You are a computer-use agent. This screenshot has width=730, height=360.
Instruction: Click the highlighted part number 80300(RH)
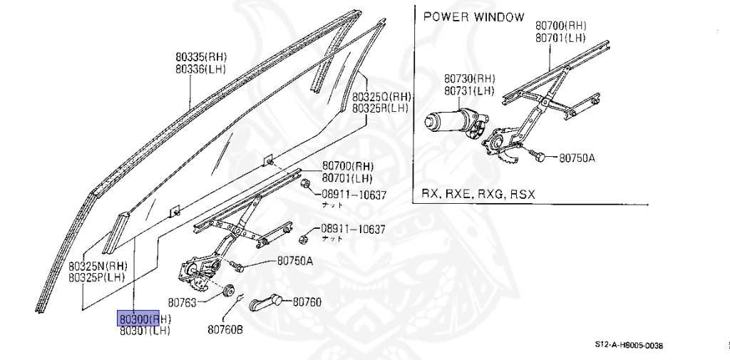[x=145, y=318]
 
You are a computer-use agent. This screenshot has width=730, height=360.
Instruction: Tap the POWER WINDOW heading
[x=473, y=17]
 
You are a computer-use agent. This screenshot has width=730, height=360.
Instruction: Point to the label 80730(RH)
[x=469, y=78]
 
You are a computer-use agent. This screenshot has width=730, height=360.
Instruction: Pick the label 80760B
[x=225, y=329]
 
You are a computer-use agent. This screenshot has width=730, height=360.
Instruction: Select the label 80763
[x=183, y=302]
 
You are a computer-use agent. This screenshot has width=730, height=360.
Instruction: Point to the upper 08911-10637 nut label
[x=352, y=194]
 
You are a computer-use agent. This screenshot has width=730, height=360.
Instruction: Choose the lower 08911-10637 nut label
[x=352, y=229]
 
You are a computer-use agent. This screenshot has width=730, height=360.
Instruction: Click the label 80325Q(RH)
[x=381, y=96]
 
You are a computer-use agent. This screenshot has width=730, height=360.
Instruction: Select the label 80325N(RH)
[x=98, y=265]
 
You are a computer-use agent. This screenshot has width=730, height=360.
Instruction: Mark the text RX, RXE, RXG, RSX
[x=478, y=194]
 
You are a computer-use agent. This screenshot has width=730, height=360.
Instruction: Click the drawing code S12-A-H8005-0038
[x=629, y=345]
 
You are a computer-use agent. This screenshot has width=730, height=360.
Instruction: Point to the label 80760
[x=307, y=302]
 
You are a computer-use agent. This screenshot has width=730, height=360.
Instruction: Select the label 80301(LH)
[x=145, y=330]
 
